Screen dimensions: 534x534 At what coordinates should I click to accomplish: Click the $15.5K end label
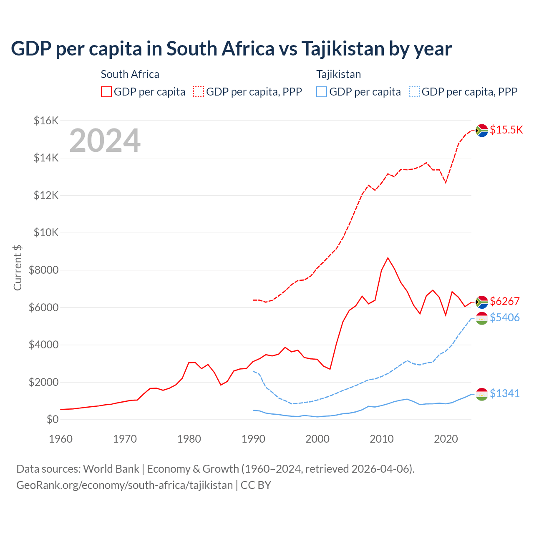click(506, 130)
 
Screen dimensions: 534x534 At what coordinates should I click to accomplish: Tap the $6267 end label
click(505, 301)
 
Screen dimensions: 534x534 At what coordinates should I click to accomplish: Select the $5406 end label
click(505, 318)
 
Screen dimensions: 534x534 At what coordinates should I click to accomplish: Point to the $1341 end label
click(505, 393)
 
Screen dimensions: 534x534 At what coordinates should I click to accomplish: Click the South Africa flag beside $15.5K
click(482, 131)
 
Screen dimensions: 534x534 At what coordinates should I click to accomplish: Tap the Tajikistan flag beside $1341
click(482, 394)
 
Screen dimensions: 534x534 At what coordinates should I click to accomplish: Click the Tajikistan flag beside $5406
click(482, 318)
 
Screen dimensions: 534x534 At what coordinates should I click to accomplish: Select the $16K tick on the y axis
click(46, 121)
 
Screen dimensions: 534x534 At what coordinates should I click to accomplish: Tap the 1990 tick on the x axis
click(253, 439)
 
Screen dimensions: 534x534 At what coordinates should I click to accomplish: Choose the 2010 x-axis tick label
click(382, 439)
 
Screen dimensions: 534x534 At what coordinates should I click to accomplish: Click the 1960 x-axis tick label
click(61, 439)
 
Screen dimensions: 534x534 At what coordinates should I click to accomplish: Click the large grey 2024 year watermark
click(105, 141)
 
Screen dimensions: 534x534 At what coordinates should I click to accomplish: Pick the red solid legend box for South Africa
click(106, 92)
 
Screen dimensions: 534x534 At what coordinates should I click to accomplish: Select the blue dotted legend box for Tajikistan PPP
click(414, 92)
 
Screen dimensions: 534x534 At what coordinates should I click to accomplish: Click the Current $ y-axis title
click(18, 267)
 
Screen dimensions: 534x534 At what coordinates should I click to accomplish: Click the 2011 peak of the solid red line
click(388, 258)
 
